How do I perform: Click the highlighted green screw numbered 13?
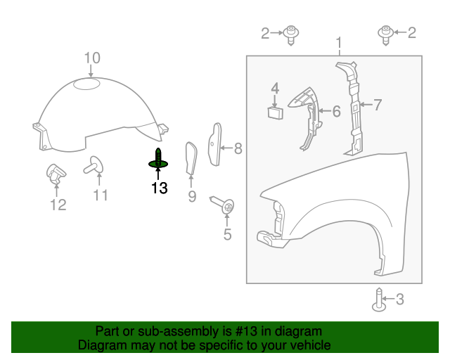coord(158,160)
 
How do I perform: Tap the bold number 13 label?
coord(160,188)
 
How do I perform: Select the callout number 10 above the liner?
coord(92,58)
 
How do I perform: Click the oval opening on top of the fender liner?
coord(86,84)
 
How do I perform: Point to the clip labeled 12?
coord(56,174)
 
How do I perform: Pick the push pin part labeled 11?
coord(94,165)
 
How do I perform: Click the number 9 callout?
coord(192,197)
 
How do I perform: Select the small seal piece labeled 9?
coord(191,158)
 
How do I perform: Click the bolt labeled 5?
coord(223,205)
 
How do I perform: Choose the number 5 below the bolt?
coord(227,234)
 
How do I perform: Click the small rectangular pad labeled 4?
coord(275,112)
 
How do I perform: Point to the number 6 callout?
coord(336,111)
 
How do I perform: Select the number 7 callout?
coord(378,105)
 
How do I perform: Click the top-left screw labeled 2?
coord(291,34)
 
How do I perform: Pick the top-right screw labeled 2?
coord(386,34)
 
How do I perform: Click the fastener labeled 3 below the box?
coord(379,300)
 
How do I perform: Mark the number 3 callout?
coord(400,299)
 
